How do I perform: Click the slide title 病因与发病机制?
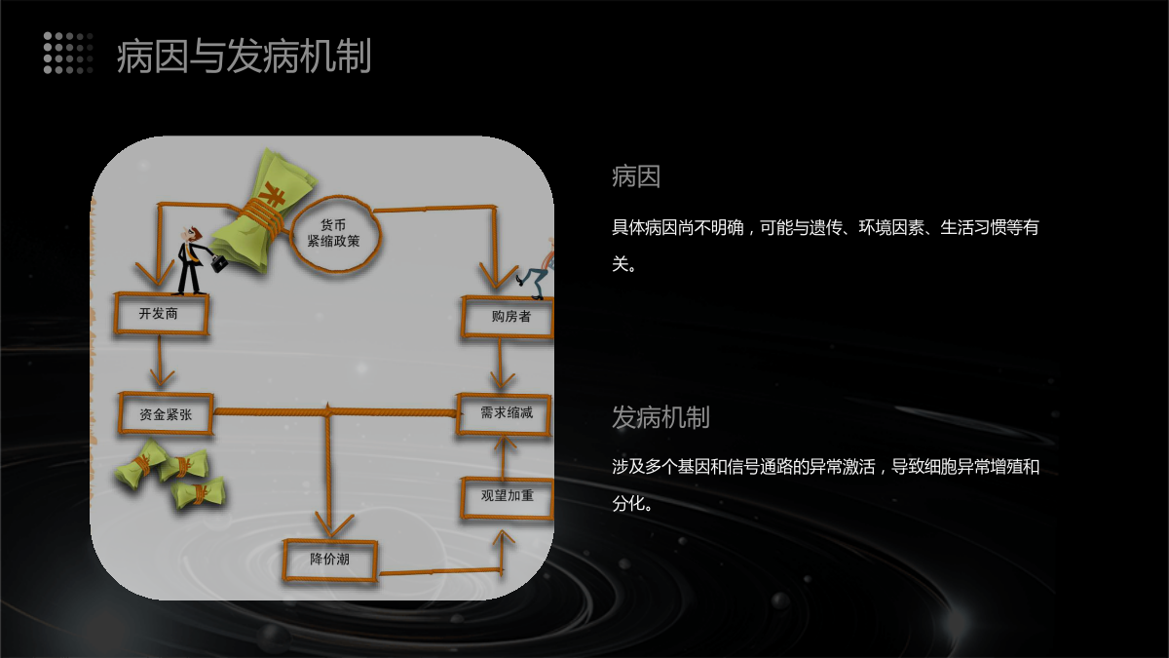tap(244, 57)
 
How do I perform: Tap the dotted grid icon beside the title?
tap(68, 53)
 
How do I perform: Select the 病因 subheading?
tap(636, 176)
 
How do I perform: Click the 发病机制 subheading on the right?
tap(660, 417)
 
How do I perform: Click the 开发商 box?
tap(161, 314)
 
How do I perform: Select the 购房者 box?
tap(509, 317)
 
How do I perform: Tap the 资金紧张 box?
tap(165, 413)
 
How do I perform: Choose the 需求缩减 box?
tap(505, 413)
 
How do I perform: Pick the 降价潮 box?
tap(329, 560)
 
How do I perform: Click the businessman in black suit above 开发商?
tap(189, 259)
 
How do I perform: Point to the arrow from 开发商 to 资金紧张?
tap(161, 364)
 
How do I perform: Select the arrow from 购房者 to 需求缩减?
tap(502, 367)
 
